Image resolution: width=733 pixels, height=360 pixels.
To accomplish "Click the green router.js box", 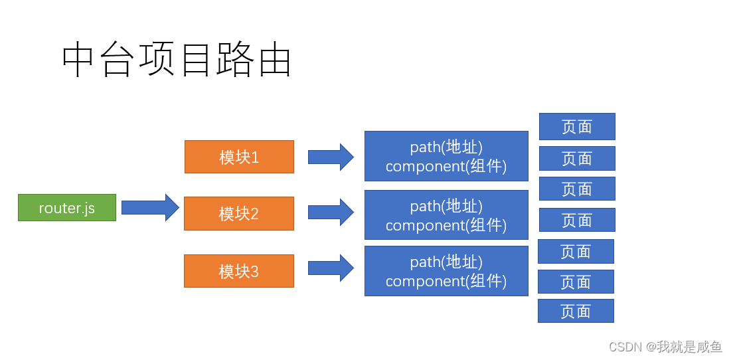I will (x=67, y=208).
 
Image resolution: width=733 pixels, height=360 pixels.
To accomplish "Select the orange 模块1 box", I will (x=239, y=157).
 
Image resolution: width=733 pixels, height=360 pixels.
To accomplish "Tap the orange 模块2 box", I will (x=239, y=214).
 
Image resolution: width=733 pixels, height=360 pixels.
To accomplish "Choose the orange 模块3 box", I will (x=239, y=271).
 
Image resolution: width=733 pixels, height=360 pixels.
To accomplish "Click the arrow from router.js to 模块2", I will (x=150, y=208).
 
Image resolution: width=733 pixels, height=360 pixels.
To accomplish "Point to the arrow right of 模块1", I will (x=331, y=157).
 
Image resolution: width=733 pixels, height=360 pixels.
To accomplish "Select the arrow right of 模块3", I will (x=331, y=268).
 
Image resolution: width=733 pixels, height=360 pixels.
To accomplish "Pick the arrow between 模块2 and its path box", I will (x=331, y=213).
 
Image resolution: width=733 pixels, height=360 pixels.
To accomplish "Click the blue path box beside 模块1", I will (x=446, y=156).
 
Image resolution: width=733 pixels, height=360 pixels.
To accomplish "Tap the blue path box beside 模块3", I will (x=446, y=271).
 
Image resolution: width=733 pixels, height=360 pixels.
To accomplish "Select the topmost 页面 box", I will (x=577, y=126).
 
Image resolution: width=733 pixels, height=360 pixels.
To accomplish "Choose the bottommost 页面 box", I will (x=576, y=311).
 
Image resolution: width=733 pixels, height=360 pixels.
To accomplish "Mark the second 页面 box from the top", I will (x=577, y=159).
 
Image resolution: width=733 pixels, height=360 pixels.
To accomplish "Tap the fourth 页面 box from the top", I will (x=577, y=220).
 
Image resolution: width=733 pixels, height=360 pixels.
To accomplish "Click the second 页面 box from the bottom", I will (x=576, y=282).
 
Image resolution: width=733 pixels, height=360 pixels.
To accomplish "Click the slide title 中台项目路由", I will (x=177, y=61).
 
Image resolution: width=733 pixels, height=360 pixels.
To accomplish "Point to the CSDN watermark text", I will (x=665, y=347).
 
